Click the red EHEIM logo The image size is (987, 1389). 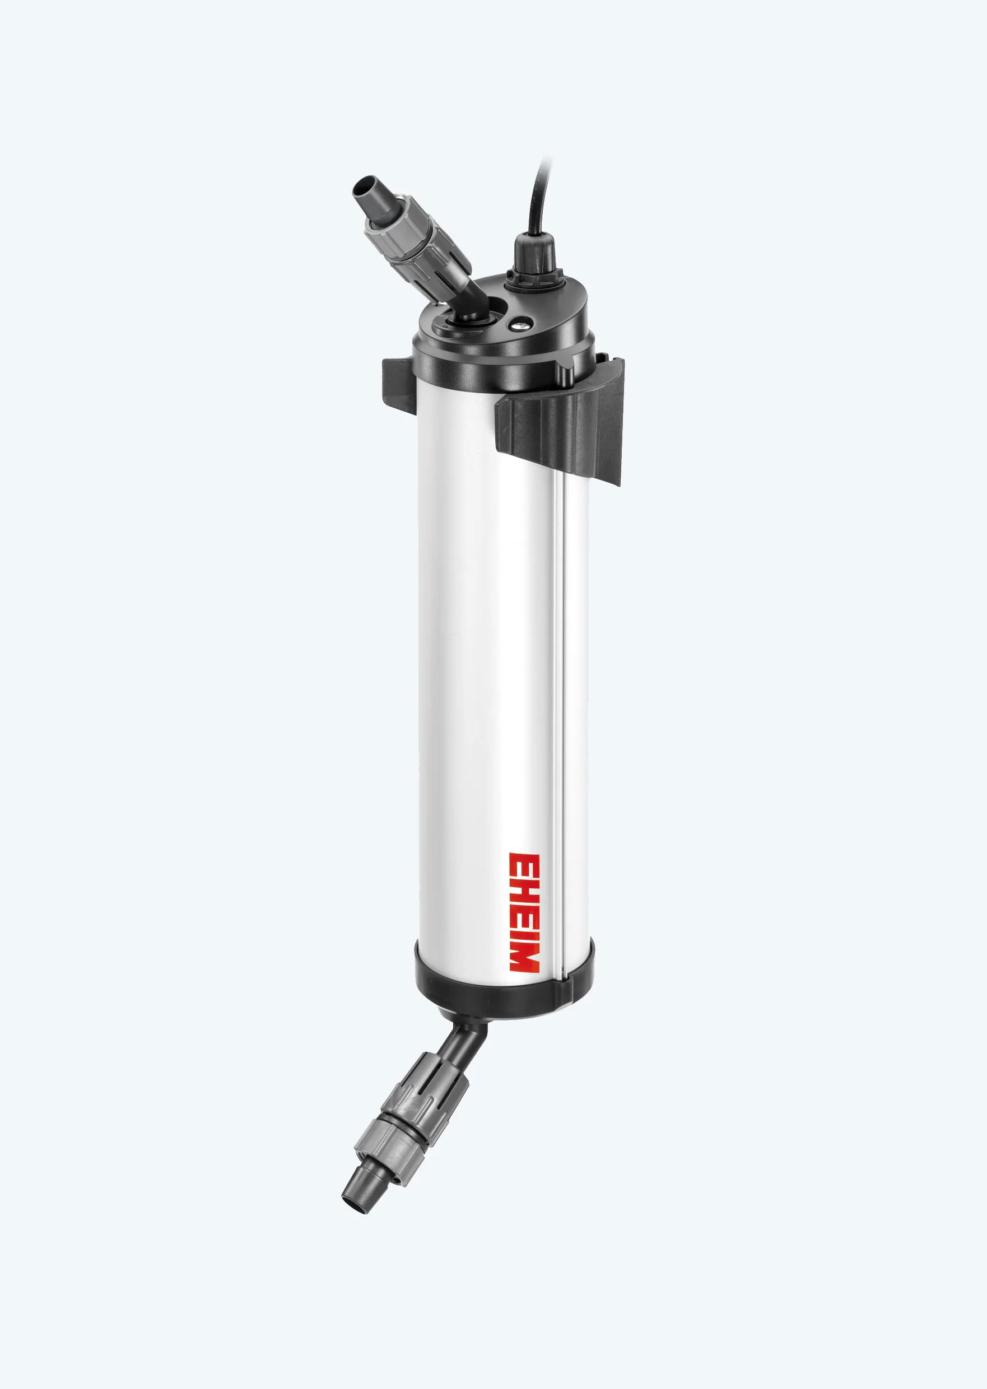(x=524, y=912)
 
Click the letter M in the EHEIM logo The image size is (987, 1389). (x=524, y=957)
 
